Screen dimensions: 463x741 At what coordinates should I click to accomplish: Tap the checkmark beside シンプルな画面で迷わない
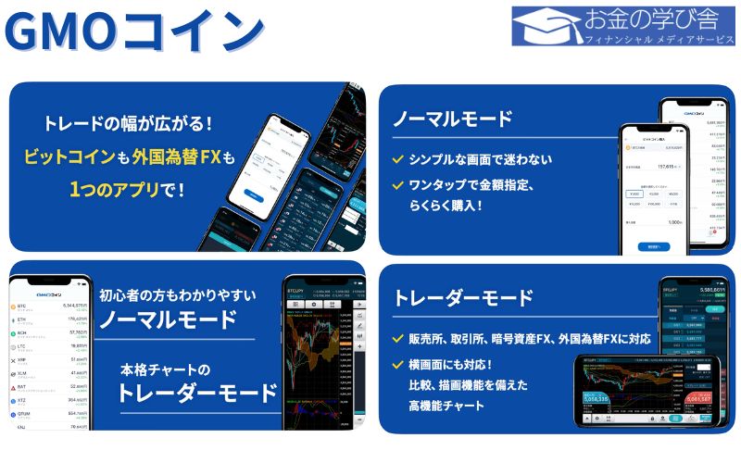click(397, 159)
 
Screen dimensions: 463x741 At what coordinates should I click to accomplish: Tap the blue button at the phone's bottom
click(657, 246)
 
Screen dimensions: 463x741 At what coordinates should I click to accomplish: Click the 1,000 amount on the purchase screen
click(675, 221)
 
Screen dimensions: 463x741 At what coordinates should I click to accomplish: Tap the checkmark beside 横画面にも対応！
click(397, 365)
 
